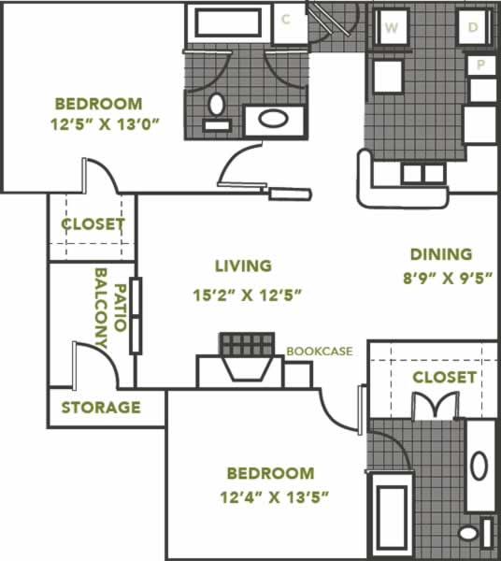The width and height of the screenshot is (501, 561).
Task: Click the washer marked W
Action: click(392, 27)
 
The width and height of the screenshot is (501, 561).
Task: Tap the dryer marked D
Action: click(474, 27)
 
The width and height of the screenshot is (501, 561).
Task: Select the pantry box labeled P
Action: click(481, 65)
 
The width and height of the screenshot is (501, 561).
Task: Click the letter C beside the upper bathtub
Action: click(285, 20)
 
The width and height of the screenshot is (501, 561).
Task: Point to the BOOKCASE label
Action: click(320, 352)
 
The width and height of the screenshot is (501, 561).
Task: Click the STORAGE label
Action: click(101, 408)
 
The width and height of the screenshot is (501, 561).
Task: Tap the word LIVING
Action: click(243, 266)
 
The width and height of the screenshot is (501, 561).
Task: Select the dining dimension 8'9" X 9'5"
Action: click(448, 278)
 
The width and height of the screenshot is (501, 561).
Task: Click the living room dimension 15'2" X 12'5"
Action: click(248, 295)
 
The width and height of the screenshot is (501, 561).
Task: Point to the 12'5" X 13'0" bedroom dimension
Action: click(105, 125)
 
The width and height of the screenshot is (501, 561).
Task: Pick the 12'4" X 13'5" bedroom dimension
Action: click(274, 497)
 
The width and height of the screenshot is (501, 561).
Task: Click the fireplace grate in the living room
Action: click(247, 344)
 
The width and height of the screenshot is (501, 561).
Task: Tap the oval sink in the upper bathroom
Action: click(273, 119)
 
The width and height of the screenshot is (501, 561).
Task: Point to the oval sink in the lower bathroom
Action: click(480, 466)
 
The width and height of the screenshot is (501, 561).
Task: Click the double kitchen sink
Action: click(423, 174)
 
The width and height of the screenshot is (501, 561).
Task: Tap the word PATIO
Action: click(121, 308)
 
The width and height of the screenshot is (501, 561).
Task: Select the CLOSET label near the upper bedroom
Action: click(93, 224)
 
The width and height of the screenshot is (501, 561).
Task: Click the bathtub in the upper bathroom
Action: click(228, 22)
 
